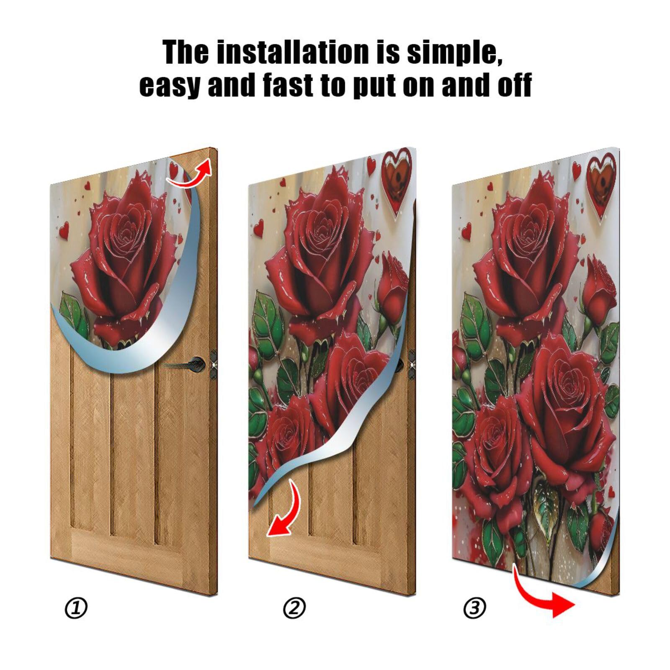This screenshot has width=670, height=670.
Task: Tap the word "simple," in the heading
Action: (454, 53)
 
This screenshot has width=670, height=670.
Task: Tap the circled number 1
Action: (76, 608)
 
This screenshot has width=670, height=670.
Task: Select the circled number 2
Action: (294, 608)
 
